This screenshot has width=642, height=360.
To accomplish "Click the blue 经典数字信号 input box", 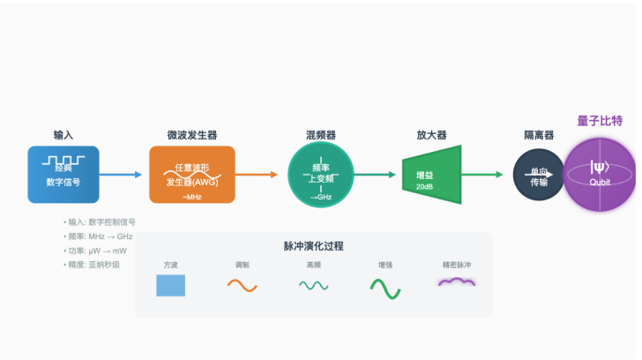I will pyautogui.click(x=63, y=174).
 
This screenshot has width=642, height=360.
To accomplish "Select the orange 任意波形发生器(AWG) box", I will pyautogui.click(x=192, y=174).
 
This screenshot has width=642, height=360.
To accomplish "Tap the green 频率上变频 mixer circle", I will pyautogui.click(x=321, y=174).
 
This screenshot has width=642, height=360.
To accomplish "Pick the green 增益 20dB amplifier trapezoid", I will pyautogui.click(x=431, y=175).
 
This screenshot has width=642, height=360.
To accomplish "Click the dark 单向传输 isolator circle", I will pyautogui.click(x=539, y=175).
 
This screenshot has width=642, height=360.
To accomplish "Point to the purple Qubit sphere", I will pyautogui.click(x=600, y=175).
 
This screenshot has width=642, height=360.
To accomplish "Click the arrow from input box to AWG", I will pyautogui.click(x=123, y=175).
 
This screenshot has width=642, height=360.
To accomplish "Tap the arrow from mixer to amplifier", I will pyautogui.click(x=377, y=175).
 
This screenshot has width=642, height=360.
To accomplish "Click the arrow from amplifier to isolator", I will pyautogui.click(x=488, y=175).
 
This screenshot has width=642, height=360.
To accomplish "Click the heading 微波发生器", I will pyautogui.click(x=192, y=136).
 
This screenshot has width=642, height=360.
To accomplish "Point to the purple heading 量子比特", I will pyautogui.click(x=600, y=121).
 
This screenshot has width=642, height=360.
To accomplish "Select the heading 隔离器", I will pyautogui.click(x=539, y=136).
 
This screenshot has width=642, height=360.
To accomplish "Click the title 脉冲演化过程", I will pyautogui.click(x=314, y=246).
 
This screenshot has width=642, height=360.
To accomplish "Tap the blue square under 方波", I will pyautogui.click(x=171, y=285).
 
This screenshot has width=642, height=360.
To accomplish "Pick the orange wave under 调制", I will pyautogui.click(x=242, y=285).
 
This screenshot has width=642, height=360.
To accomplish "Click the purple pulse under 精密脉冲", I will pyautogui.click(x=457, y=281).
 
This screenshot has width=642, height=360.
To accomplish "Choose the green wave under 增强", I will pyautogui.click(x=385, y=287).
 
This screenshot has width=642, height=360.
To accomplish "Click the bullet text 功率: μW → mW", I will pyautogui.click(x=95, y=251).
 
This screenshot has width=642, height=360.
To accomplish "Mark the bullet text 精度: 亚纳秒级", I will pyautogui.click(x=93, y=265).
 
